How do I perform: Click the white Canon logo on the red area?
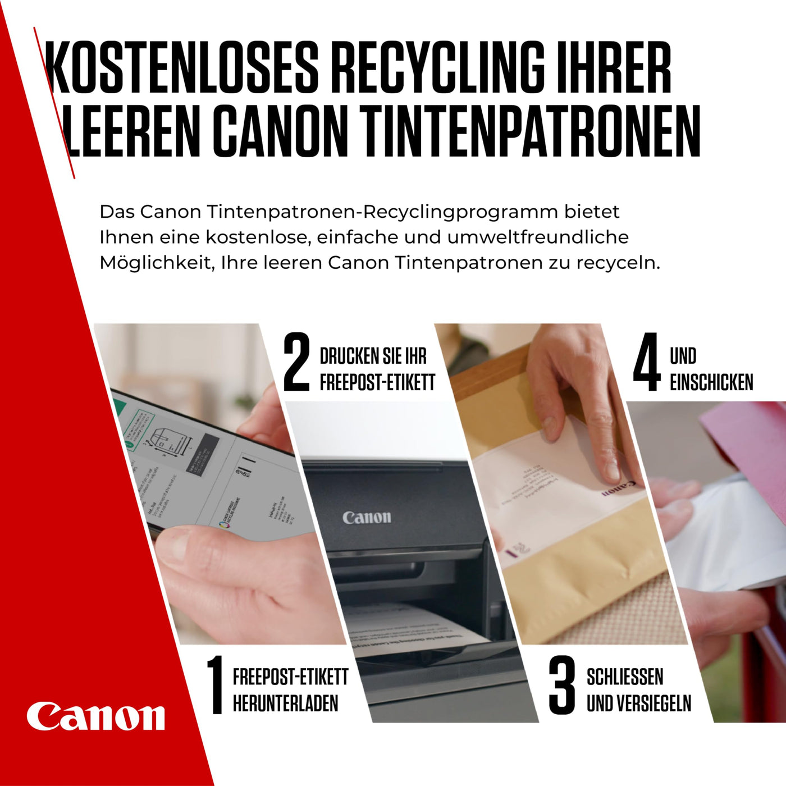click(95, 716)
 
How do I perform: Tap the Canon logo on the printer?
click(367, 517)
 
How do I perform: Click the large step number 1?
click(214, 685)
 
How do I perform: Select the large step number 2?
click(296, 362)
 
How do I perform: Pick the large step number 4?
click(647, 362)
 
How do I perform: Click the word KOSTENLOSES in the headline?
click(182, 67)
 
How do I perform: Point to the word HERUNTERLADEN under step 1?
click(285, 703)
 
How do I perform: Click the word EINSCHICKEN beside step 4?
click(711, 382)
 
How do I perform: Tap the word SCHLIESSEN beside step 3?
click(624, 677)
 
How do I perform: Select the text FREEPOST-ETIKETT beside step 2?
click(377, 382)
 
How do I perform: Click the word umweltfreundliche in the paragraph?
click(537, 237)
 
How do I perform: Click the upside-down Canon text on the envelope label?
click(619, 488)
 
